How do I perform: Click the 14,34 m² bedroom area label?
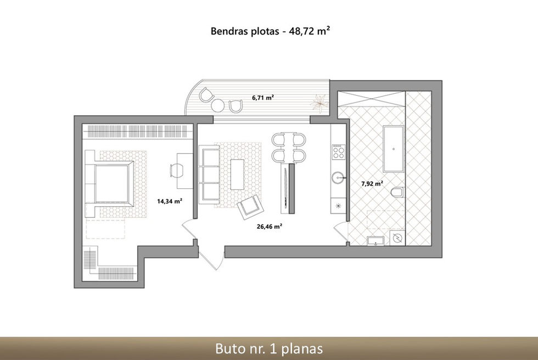point(170,201)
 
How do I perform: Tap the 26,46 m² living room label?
point(270,226)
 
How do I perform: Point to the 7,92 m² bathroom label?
point(372,183)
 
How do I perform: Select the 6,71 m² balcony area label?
point(263,97)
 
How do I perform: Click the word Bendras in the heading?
point(227,31)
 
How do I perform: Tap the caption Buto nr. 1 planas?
point(269,348)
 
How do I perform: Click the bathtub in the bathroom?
point(393,149)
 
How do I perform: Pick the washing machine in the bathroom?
point(397,238)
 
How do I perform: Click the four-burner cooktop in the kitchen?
point(338,151)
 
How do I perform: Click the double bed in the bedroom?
point(109,184)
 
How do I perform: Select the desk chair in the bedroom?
point(177,171)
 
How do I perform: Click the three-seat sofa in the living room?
point(209,175)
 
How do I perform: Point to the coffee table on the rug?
point(237,174)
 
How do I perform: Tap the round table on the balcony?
point(217,105)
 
